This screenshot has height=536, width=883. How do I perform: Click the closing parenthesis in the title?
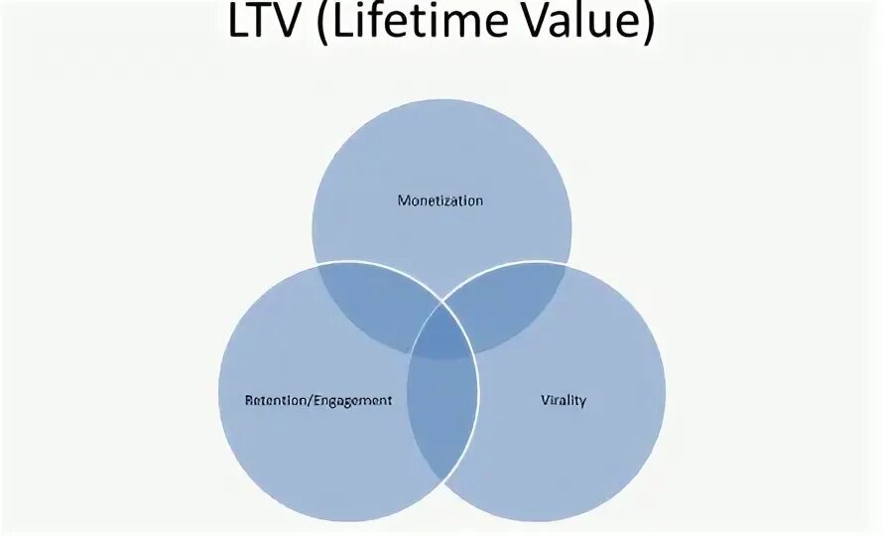[x=648, y=24]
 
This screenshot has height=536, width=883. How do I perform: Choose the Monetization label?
[x=441, y=201]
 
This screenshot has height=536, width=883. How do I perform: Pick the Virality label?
[x=564, y=401]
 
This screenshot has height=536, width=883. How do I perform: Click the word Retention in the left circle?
[x=275, y=401]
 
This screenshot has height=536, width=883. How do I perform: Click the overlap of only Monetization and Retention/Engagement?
[x=377, y=303]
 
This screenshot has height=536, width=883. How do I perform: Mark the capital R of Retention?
[x=248, y=401]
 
